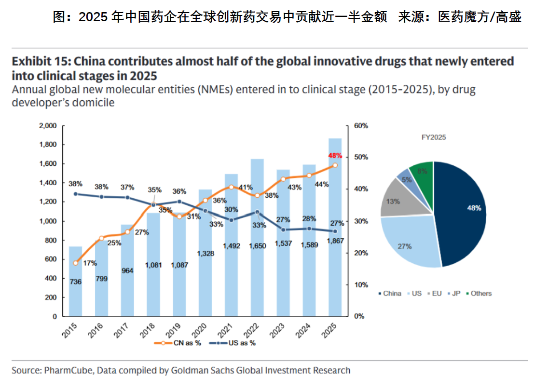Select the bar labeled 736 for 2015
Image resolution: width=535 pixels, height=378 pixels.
click(x=76, y=289)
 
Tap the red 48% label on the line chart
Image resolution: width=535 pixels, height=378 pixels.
click(x=335, y=156)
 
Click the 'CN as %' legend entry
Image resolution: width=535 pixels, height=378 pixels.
click(x=174, y=343)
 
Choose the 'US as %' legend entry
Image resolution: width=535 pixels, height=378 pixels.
click(x=231, y=343)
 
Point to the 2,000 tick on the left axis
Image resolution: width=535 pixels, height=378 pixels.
click(x=47, y=126)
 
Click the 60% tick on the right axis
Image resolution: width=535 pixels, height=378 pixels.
click(x=361, y=126)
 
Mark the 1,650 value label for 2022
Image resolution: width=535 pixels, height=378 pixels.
click(x=257, y=246)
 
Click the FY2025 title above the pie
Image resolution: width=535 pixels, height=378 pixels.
click(x=434, y=137)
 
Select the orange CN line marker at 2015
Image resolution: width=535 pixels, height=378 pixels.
click(x=76, y=263)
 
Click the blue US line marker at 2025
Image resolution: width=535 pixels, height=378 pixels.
click(x=335, y=231)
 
